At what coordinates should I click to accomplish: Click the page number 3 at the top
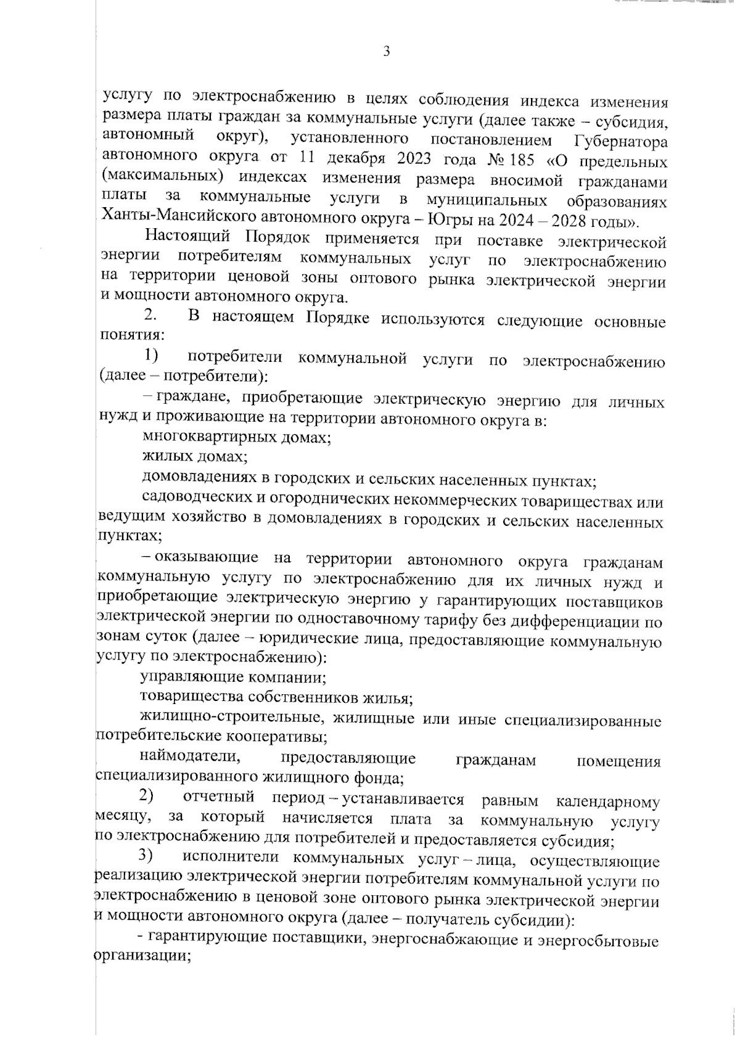point(386,52)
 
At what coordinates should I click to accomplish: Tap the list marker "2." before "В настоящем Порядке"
point(151,316)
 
